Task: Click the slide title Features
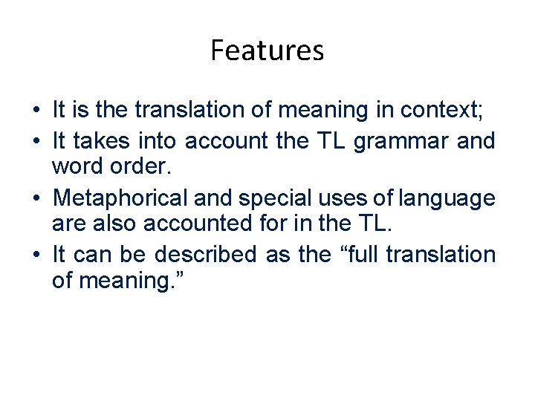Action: point(267,50)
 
